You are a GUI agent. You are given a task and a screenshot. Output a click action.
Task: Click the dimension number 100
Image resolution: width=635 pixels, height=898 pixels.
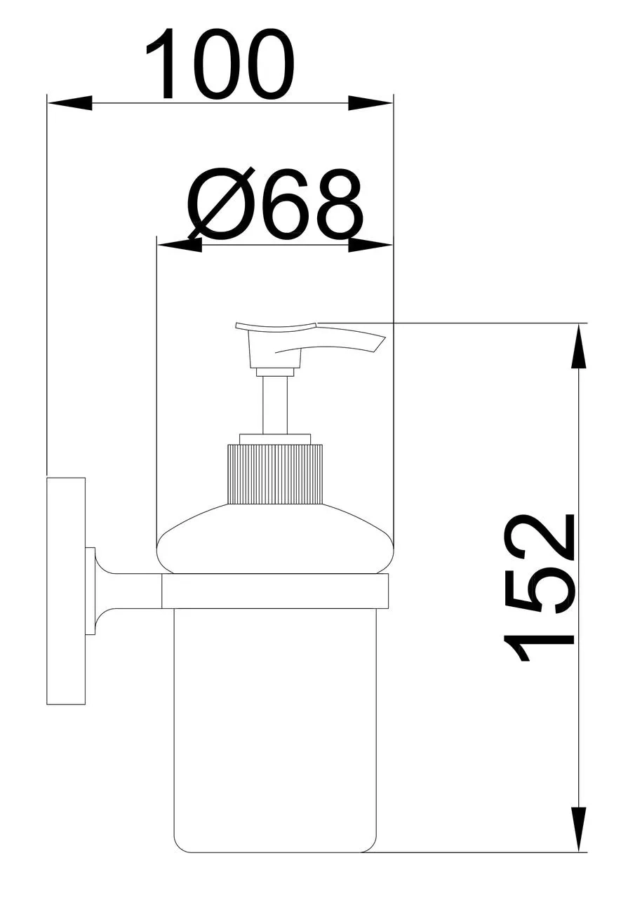point(220,63)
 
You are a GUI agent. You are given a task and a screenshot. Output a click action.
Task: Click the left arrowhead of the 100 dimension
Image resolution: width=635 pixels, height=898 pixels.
point(69,103)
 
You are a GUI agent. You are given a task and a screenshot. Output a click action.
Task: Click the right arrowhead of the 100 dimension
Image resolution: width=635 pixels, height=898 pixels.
point(370,103)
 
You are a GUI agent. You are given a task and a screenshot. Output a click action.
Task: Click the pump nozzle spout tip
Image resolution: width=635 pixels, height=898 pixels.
point(380,344)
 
